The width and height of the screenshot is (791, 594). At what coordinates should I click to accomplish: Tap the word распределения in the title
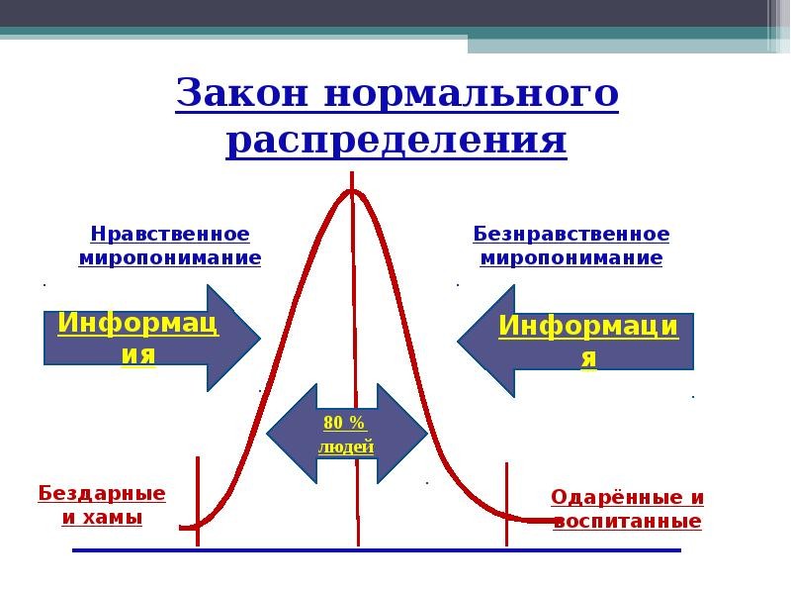point(396,141)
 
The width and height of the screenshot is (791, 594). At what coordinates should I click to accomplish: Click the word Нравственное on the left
point(170,235)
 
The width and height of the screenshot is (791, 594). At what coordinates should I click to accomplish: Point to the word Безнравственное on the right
point(571,235)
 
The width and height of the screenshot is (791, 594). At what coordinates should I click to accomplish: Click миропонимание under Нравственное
point(170,258)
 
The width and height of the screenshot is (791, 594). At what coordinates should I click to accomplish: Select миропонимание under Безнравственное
point(571,258)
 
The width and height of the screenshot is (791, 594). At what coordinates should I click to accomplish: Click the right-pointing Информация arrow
point(148,337)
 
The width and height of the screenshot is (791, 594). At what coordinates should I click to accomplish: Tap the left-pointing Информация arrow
point(578,340)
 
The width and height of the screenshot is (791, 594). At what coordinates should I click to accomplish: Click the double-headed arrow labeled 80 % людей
point(346,434)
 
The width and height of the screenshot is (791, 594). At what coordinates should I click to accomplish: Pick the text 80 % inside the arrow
point(345,423)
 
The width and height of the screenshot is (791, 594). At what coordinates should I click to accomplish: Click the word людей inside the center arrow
point(346,447)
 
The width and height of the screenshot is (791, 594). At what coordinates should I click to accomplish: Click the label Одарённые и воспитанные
point(627,510)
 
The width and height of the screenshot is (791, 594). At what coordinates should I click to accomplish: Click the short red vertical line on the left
point(198,500)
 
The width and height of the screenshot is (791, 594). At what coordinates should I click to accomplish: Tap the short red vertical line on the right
point(506,503)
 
